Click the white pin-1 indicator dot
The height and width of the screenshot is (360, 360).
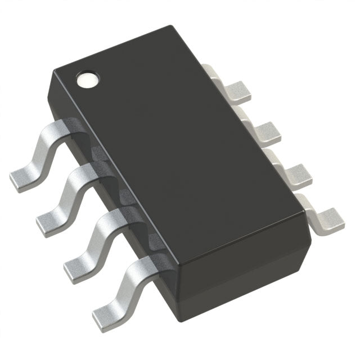point(88,79)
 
